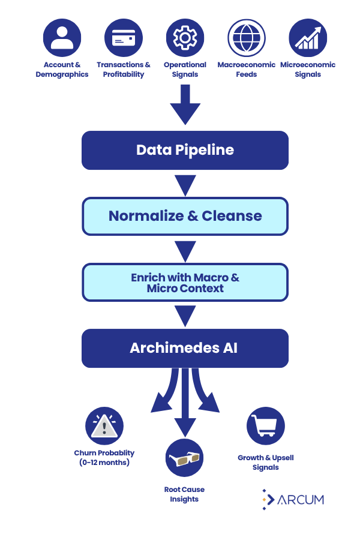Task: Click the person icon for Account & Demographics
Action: click(x=62, y=38)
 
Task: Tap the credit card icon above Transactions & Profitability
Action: click(x=124, y=38)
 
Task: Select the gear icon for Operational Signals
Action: click(x=185, y=38)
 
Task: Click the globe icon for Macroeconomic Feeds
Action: click(x=247, y=38)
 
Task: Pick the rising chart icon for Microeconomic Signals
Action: click(x=308, y=38)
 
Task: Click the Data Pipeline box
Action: click(x=185, y=150)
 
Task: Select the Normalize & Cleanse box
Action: click(x=185, y=216)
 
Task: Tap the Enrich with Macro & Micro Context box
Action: click(x=185, y=283)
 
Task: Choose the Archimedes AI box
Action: click(x=185, y=348)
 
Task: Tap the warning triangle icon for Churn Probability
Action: click(x=104, y=426)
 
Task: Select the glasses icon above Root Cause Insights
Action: click(x=184, y=458)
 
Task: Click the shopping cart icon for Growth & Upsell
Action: click(x=265, y=426)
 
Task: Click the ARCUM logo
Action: click(x=293, y=499)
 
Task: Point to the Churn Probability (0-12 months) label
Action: click(x=104, y=458)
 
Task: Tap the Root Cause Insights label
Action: click(x=184, y=494)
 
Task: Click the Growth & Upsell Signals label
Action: click(x=265, y=462)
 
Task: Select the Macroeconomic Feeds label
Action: click(x=247, y=70)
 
